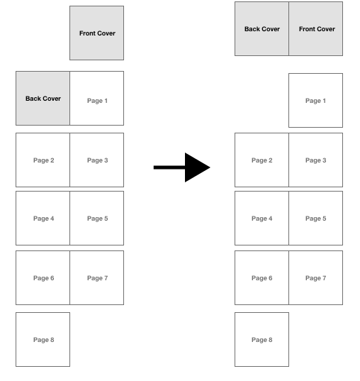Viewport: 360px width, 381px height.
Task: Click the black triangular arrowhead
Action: click(x=196, y=167)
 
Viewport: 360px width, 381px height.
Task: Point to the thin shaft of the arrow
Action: click(x=169, y=167)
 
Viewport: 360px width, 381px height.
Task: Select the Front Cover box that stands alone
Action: click(x=96, y=33)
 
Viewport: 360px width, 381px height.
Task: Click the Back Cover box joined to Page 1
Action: click(x=43, y=98)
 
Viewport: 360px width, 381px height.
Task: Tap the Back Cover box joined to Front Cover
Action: click(x=261, y=28)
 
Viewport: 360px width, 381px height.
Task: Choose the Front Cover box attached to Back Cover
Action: click(x=316, y=28)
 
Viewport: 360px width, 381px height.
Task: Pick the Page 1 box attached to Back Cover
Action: click(x=96, y=98)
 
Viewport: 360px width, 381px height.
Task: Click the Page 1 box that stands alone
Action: click(x=316, y=100)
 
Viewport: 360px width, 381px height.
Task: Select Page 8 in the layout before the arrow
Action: click(x=43, y=339)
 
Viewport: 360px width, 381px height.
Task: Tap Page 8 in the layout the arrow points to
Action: click(x=261, y=339)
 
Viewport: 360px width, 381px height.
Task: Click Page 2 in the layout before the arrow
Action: click(x=43, y=160)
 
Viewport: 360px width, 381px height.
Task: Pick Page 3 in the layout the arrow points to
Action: click(x=316, y=160)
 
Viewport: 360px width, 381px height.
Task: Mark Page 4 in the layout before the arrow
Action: click(x=43, y=219)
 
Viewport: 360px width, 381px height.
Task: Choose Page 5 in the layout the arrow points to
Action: click(x=316, y=219)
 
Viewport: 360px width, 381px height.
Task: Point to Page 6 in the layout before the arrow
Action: click(x=43, y=277)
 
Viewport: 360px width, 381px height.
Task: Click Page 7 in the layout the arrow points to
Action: click(x=316, y=277)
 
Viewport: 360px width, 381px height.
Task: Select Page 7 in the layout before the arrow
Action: click(x=96, y=277)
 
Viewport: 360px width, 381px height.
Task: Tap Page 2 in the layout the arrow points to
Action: click(x=261, y=160)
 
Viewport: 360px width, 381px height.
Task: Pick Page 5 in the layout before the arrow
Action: click(x=96, y=219)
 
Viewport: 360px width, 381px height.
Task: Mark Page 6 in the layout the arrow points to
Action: click(x=261, y=277)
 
